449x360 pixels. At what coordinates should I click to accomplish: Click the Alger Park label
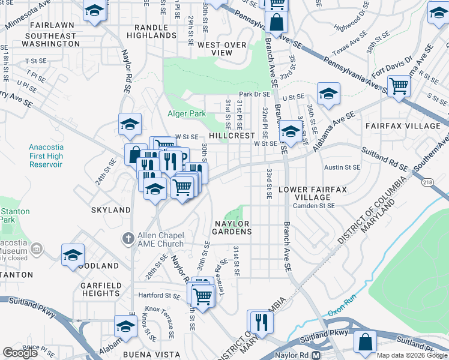point(186,113)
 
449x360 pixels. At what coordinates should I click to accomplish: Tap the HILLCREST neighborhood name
point(232,136)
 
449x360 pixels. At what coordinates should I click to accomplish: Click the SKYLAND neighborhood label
point(110,210)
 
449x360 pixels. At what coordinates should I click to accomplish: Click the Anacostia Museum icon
point(37,248)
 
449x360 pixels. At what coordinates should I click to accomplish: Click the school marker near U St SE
point(328,94)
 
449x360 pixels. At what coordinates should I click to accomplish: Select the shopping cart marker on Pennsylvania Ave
point(399,85)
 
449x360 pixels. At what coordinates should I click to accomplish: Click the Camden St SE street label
point(314,205)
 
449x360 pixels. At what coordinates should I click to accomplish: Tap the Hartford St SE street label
point(160,295)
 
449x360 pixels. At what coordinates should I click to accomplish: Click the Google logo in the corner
point(20,353)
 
